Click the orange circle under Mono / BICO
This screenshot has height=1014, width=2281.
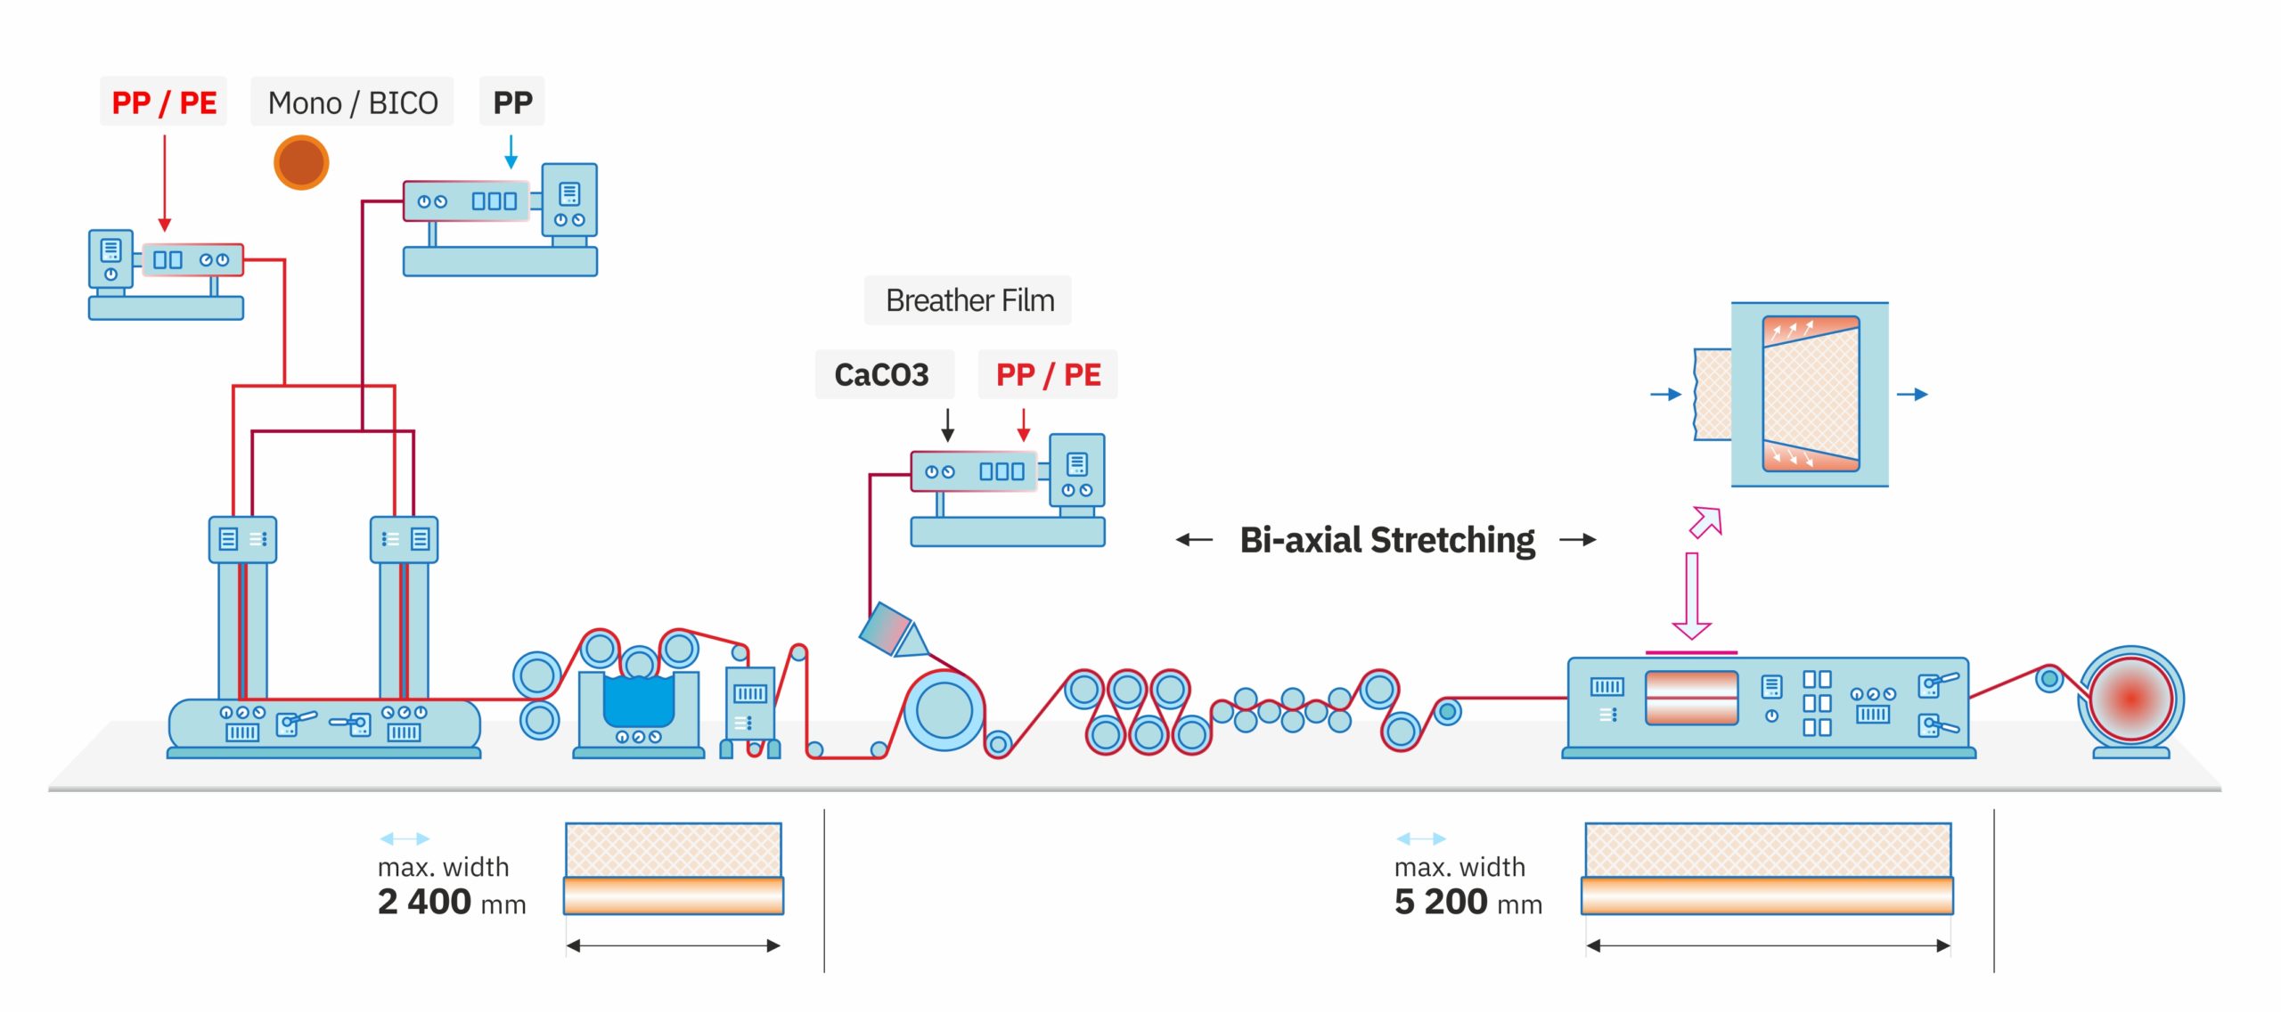[301, 162]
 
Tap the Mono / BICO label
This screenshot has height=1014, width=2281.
[352, 102]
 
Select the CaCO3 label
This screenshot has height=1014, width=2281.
[881, 374]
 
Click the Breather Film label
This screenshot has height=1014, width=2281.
[969, 300]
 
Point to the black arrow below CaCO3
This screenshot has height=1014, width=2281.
[948, 424]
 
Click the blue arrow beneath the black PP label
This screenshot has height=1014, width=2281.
[511, 151]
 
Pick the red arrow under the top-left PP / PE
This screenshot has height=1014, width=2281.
[164, 183]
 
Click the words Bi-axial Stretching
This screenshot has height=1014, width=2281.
[1386, 540]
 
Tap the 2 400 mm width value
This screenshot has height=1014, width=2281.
[451, 902]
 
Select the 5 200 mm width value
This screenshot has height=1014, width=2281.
[1468, 902]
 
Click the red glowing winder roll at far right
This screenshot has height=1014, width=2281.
[2130, 699]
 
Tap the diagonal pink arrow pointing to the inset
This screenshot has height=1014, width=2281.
[1706, 522]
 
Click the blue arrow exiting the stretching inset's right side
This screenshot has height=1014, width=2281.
[1912, 394]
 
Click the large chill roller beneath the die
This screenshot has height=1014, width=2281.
[944, 711]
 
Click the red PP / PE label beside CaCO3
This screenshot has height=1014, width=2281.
[1048, 374]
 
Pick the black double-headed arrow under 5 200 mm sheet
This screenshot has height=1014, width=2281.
[1768, 945]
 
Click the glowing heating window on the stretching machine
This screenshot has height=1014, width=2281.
[1690, 698]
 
